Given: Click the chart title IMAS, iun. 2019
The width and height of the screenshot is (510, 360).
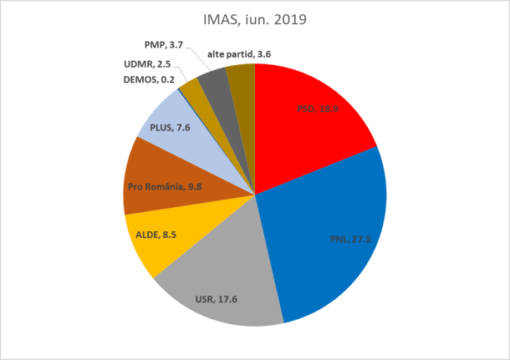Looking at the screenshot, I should coord(255,18).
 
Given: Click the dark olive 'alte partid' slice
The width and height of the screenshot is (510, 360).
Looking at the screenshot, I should coord(241,77).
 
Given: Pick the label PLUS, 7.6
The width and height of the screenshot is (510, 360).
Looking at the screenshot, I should coord(171,128).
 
